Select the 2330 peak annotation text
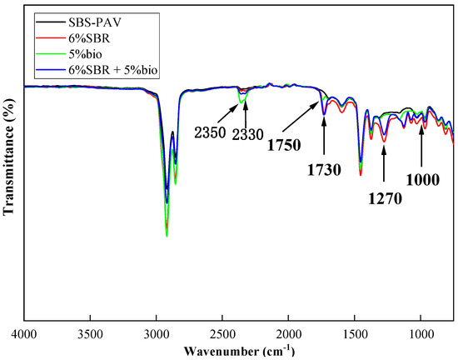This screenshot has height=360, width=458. tap(247, 132)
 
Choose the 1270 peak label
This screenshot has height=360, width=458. tap(384, 199)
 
